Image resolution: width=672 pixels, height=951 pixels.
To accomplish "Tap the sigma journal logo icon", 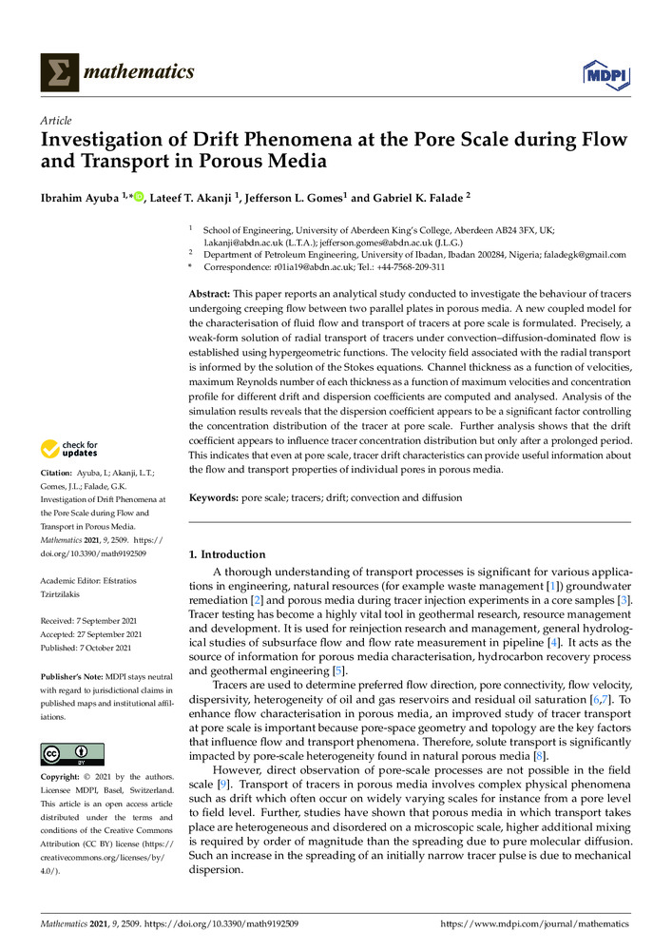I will (x=59, y=72).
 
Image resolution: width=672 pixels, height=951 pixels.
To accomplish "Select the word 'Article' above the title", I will (x=56, y=122).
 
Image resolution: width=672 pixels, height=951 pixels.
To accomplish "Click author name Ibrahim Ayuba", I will (x=76, y=197).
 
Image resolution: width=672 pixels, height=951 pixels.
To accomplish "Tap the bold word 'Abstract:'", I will (x=217, y=296).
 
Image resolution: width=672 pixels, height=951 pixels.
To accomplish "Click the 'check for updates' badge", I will (x=69, y=449).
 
